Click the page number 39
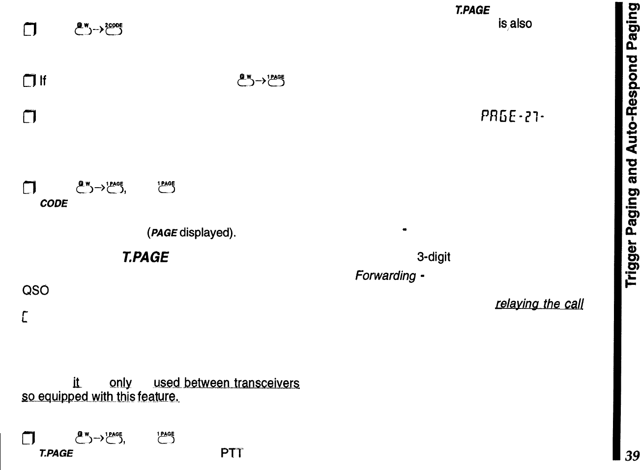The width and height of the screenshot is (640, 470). pyautogui.click(x=632, y=456)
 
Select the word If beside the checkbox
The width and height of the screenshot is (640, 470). pyautogui.click(x=43, y=82)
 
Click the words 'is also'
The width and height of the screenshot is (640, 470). pyautogui.click(x=515, y=24)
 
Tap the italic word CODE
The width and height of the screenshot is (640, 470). pyautogui.click(x=54, y=203)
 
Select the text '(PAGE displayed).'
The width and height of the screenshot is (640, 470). pyautogui.click(x=191, y=232)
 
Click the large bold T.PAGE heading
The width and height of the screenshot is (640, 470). pyautogui.click(x=145, y=257)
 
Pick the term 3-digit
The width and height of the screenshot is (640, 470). pyautogui.click(x=434, y=257)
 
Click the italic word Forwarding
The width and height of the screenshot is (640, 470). pyautogui.click(x=385, y=276)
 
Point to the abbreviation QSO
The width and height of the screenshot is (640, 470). pyautogui.click(x=35, y=290)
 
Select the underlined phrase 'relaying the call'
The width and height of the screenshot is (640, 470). pyautogui.click(x=539, y=304)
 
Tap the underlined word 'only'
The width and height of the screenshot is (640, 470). pyautogui.click(x=120, y=383)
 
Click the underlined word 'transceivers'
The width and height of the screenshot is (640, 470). pyautogui.click(x=266, y=383)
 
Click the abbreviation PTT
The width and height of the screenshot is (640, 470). pyautogui.click(x=232, y=453)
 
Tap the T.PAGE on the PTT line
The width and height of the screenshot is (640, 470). pyautogui.click(x=56, y=453)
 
